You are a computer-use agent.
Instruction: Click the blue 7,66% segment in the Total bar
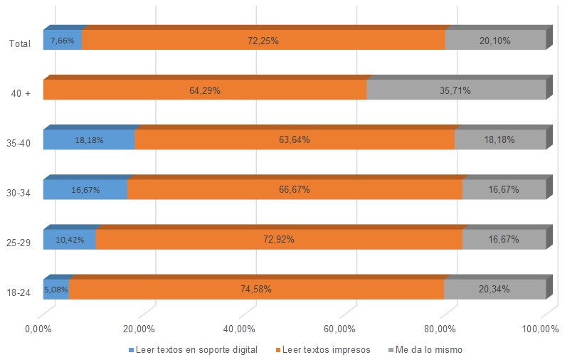(63, 41)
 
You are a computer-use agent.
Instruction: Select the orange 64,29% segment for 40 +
(204, 90)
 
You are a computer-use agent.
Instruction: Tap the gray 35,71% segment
(455, 90)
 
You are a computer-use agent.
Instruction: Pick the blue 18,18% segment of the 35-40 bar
(88, 140)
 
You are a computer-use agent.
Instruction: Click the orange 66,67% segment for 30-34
(294, 190)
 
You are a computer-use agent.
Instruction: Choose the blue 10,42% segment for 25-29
(69, 240)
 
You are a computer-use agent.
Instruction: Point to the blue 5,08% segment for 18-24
(56, 290)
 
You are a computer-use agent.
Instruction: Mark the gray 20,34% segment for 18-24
(494, 290)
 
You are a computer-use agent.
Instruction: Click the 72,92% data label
(279, 240)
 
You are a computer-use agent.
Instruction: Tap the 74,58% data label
(256, 290)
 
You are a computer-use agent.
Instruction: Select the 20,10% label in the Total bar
(494, 41)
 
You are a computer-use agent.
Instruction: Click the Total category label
(19, 44)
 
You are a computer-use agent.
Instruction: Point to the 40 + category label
(20, 94)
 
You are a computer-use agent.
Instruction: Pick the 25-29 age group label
(18, 243)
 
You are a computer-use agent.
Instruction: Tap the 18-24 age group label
(18, 292)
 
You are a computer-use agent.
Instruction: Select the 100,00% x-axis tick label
(540, 329)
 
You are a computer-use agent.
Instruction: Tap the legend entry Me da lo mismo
(429, 350)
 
